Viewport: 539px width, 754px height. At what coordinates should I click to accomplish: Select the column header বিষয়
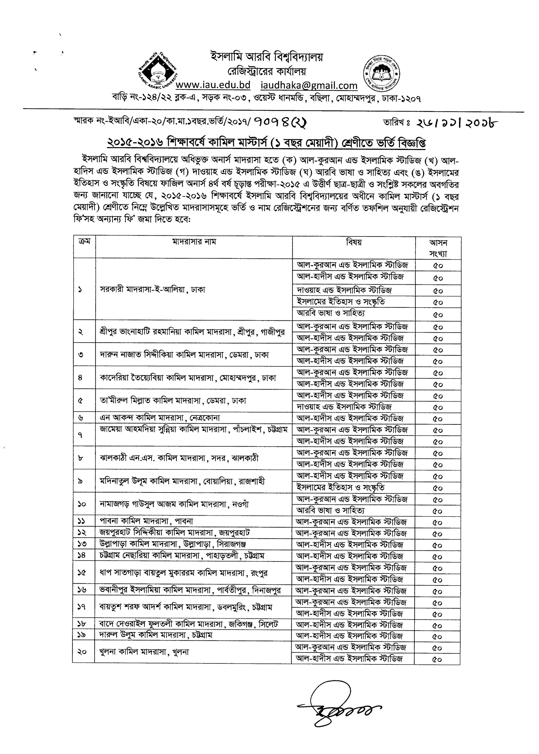(x=354, y=242)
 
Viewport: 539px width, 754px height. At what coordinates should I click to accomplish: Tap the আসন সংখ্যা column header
(x=438, y=248)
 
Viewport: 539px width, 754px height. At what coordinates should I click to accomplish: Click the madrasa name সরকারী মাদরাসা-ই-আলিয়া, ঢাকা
(x=153, y=289)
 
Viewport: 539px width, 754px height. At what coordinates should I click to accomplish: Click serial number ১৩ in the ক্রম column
(x=82, y=544)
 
